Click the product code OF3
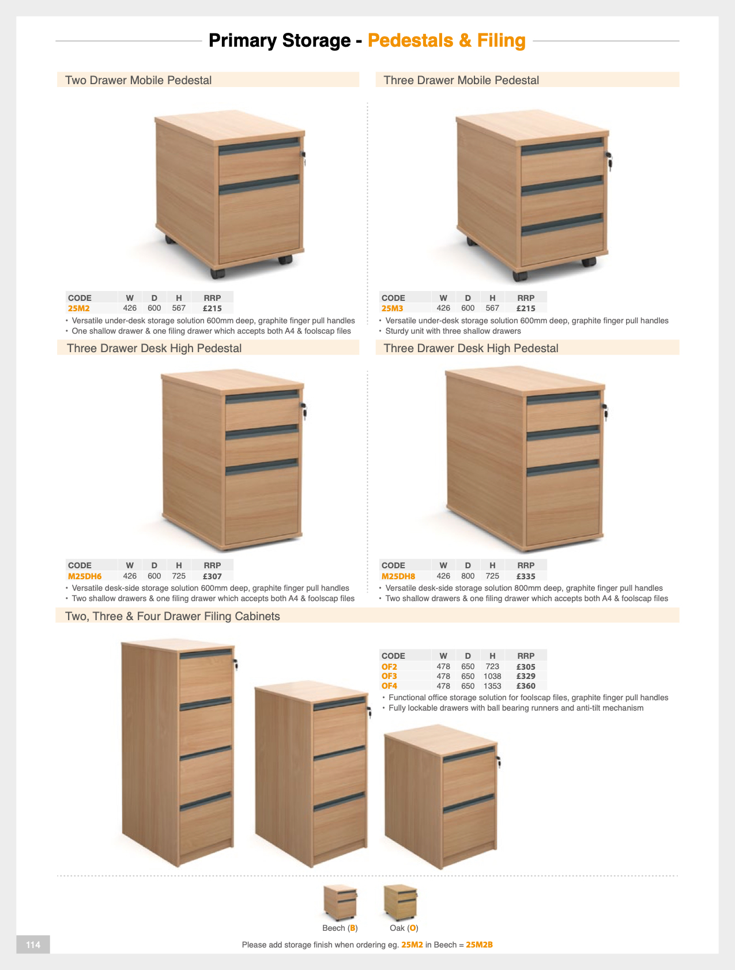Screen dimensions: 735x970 coord(389,676)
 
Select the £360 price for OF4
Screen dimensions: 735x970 coord(526,686)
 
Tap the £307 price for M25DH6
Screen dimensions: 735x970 coord(212,576)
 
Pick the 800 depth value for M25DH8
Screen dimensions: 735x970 coord(468,576)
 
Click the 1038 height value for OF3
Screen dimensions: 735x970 coord(492,676)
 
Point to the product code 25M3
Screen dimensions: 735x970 coord(392,308)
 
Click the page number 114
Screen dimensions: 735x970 coord(33,945)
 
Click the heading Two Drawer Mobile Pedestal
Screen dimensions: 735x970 coord(138,80)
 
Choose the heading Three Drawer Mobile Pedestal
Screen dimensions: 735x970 coord(461,80)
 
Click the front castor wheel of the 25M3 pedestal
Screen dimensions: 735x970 coord(520,275)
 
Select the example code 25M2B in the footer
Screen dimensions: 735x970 coord(479,945)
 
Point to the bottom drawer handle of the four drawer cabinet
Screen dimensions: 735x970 coord(206,801)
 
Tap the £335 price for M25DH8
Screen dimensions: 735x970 coord(526,576)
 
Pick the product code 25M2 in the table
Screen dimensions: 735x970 coord(79,308)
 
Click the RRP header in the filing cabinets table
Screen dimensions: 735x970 coord(526,656)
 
